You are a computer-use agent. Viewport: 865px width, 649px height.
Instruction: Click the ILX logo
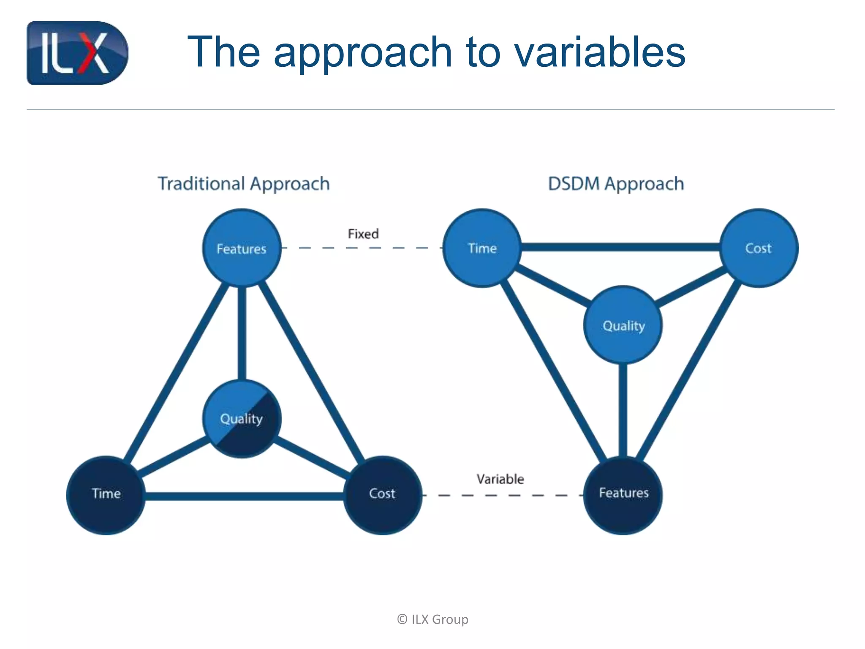[77, 53]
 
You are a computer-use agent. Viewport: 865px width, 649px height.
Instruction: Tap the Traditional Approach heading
[244, 184]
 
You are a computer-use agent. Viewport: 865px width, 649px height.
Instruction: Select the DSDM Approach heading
[616, 184]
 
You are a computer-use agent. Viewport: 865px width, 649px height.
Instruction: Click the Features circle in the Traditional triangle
[242, 248]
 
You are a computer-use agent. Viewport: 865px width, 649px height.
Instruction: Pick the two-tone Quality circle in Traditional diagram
[242, 418]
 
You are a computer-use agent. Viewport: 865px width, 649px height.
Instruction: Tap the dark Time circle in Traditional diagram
[106, 495]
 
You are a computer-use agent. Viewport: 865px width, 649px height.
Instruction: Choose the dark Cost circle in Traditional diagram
[382, 495]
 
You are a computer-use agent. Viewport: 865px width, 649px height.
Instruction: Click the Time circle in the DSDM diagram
[482, 248]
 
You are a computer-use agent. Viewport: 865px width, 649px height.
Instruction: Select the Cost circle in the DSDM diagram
[759, 248]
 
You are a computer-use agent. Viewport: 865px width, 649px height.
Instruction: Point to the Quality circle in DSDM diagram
[623, 325]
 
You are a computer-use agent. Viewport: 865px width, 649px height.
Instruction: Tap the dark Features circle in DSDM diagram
[623, 495]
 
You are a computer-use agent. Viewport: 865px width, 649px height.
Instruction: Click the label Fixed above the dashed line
[363, 234]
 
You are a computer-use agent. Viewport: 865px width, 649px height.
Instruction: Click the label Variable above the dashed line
[500, 479]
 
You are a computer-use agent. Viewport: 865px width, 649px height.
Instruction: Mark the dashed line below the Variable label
[503, 495]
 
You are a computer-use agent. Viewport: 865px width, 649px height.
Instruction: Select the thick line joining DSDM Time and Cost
[620, 247]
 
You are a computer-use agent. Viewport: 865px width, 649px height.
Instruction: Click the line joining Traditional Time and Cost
[244, 496]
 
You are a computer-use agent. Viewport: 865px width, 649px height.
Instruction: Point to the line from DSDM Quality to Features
[623, 410]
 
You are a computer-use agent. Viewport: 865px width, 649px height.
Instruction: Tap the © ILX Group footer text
[432, 619]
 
